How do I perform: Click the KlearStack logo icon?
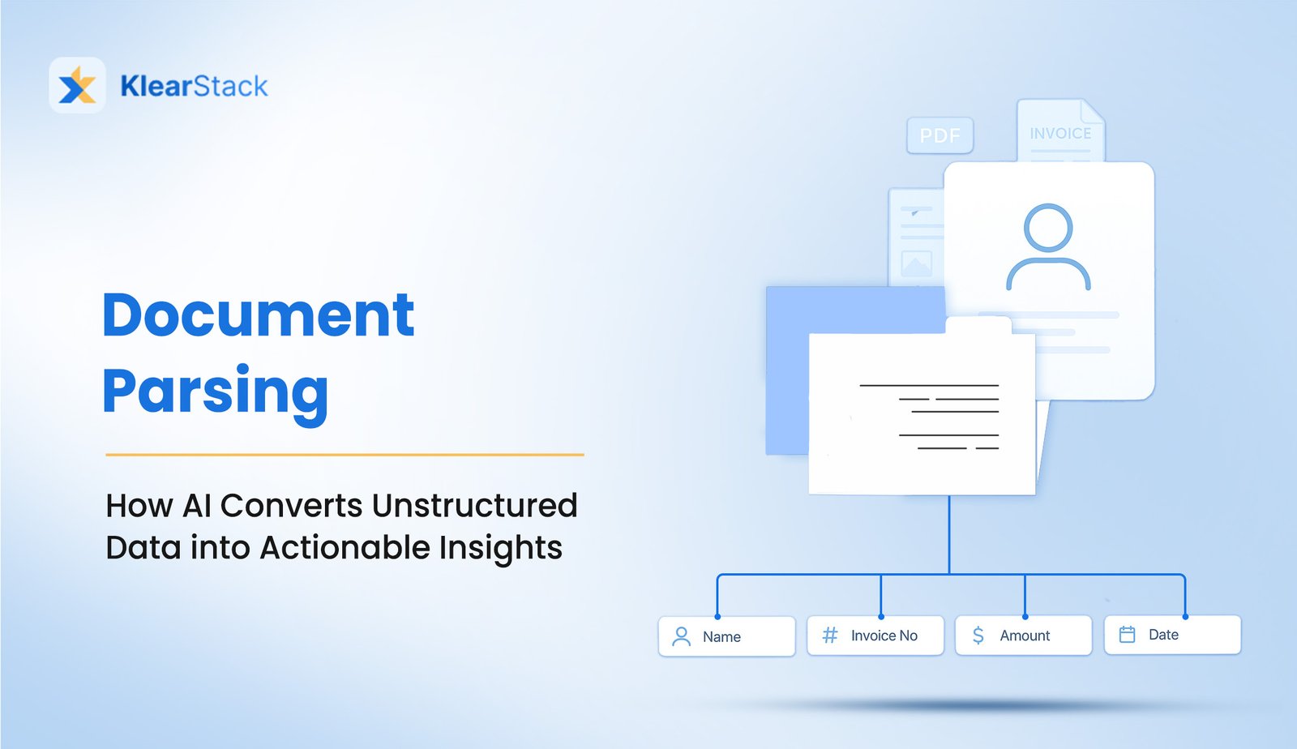click(x=77, y=85)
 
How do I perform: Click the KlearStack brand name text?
click(x=194, y=86)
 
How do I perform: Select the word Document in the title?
click(x=258, y=315)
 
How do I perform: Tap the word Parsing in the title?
click(x=215, y=392)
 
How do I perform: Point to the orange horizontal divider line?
click(x=345, y=455)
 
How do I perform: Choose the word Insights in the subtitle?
click(x=500, y=548)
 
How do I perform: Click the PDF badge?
click(x=940, y=135)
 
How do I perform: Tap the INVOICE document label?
click(x=1060, y=134)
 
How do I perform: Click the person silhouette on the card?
click(x=1048, y=246)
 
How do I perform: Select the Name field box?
click(x=726, y=636)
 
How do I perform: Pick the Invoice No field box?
click(x=875, y=636)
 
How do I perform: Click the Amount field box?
click(x=1023, y=636)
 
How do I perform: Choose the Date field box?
click(x=1172, y=635)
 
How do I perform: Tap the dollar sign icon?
click(x=978, y=636)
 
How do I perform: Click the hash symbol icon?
click(x=829, y=636)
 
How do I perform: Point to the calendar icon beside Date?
click(x=1127, y=635)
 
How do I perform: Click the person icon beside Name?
click(x=682, y=636)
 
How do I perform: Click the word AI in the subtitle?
click(x=197, y=506)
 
